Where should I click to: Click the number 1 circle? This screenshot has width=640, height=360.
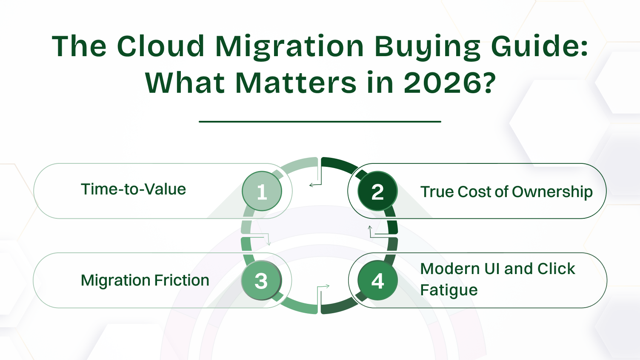[x=262, y=191]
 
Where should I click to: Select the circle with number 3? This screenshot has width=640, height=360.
[x=261, y=280]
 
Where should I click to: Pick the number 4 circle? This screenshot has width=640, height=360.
[x=377, y=280]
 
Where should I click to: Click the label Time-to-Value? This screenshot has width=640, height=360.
[x=133, y=189]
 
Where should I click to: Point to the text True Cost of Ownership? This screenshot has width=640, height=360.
[x=506, y=192]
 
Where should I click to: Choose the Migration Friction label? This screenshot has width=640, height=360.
[x=145, y=280]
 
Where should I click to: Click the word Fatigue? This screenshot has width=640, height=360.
[x=449, y=290]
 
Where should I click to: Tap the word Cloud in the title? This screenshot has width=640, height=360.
[x=160, y=46]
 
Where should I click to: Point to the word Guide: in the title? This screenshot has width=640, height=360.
[x=539, y=46]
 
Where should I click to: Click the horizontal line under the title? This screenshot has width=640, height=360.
[x=320, y=122]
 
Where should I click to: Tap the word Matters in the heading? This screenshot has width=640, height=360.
[x=296, y=83]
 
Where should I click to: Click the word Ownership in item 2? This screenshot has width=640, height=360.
[x=552, y=192]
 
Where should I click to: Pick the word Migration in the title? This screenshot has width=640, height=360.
[x=289, y=46]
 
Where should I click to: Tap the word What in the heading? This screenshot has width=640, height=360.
[x=185, y=83]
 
